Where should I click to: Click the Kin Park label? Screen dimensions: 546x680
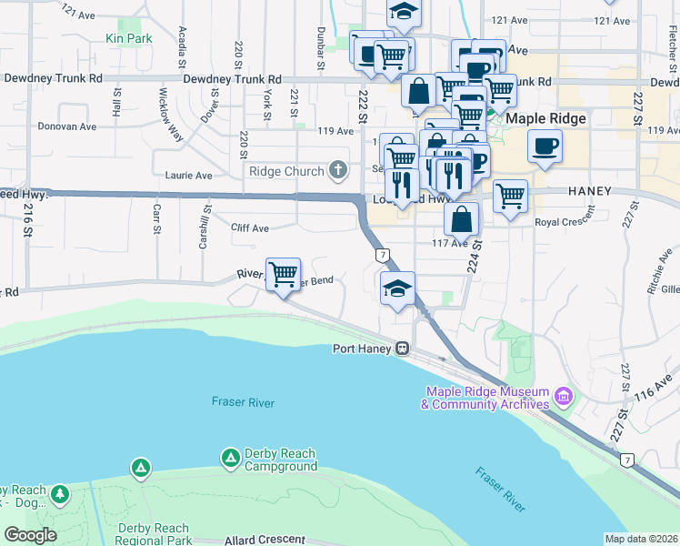click(128, 38)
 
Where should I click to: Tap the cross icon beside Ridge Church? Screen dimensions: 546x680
click(338, 170)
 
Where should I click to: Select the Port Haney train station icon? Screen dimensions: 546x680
click(400, 349)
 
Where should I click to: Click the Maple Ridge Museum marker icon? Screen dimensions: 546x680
click(563, 397)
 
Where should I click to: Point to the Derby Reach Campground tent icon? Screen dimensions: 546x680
click(140, 469)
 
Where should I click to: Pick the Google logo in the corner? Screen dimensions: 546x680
click(30, 535)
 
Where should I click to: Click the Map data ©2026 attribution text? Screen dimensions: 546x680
click(641, 539)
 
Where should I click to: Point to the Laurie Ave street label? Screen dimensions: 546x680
click(188, 175)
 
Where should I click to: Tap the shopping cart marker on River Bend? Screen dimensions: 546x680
click(284, 273)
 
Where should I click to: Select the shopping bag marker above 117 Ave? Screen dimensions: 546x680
click(462, 218)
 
